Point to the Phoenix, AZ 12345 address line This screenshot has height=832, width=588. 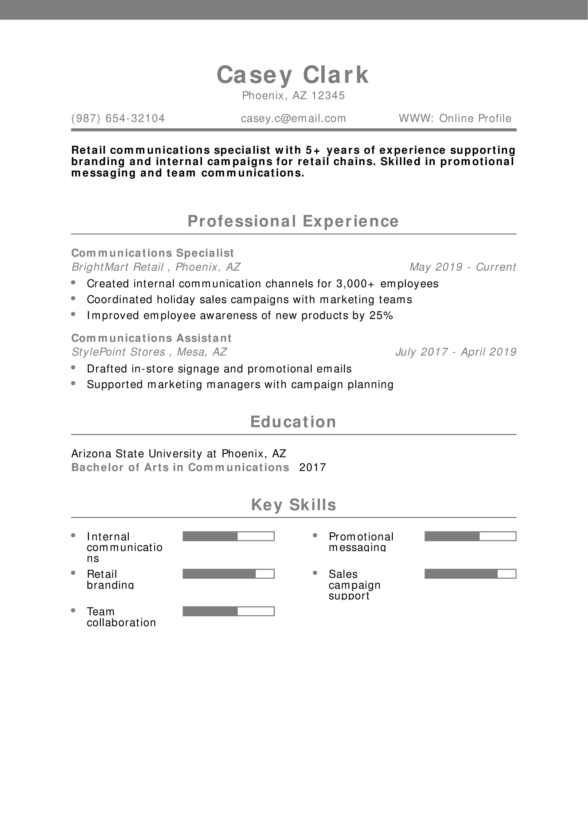[x=293, y=95]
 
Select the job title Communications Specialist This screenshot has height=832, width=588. [x=153, y=253]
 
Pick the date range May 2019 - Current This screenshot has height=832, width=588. [x=462, y=267]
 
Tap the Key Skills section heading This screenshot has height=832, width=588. [x=293, y=504]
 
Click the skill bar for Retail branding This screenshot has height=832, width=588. [x=228, y=574]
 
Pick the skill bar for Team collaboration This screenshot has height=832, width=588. [x=228, y=611]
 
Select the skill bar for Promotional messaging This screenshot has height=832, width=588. [x=470, y=536]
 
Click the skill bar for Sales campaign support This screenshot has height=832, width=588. [x=470, y=574]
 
